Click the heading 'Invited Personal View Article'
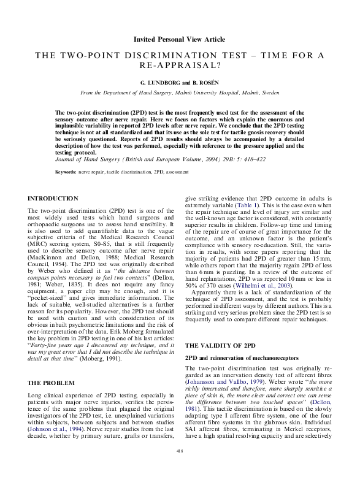pyautogui.click(x=180, y=39)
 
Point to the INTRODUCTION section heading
pyautogui.click(x=53, y=199)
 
